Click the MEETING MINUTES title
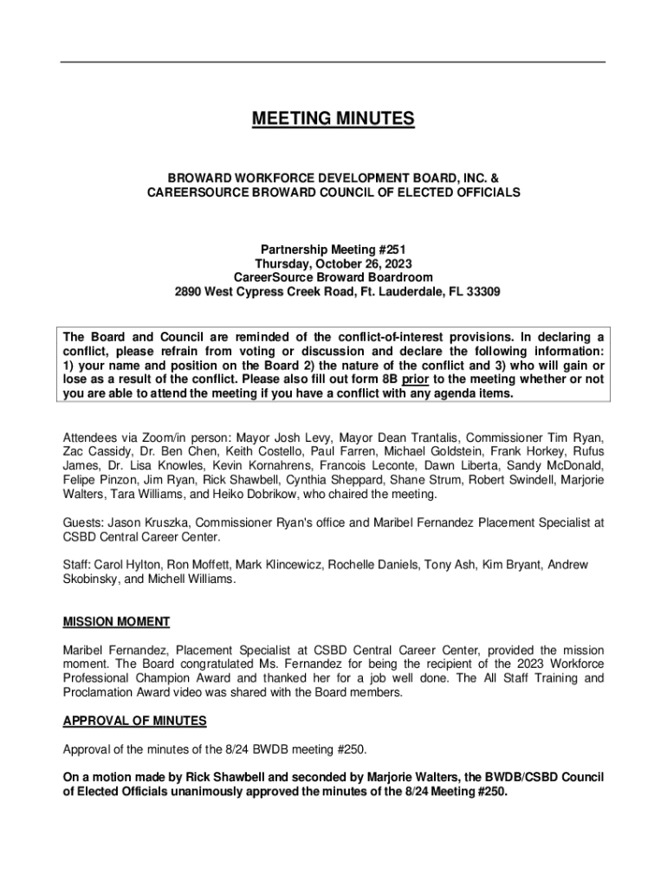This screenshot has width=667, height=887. point(333,119)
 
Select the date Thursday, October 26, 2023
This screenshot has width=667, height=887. point(333,264)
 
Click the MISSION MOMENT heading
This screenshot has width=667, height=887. point(116,622)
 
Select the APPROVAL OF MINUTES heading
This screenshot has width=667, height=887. point(134,721)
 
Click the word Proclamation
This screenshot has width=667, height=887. point(100,692)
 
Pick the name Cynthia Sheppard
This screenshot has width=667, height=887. point(341,481)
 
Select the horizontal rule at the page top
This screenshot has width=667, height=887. point(333,62)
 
